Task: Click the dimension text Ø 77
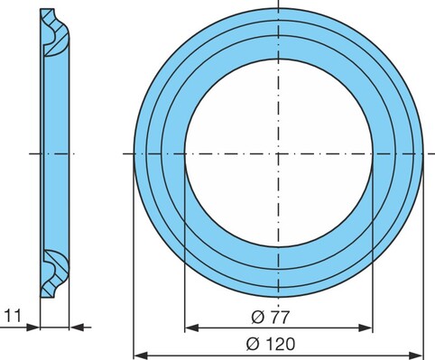pos(271,317)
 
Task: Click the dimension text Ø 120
pos(271,344)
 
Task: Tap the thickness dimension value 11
pos(13,316)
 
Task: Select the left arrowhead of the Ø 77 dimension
pos(191,328)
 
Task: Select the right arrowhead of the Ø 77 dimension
pos(366,328)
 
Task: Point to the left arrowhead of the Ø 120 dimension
pos(141,355)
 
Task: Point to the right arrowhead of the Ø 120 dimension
pos(416,355)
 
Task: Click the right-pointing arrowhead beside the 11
pos(32,328)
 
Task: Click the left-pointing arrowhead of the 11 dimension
pos(77,328)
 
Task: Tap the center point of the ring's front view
pos(279,153)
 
